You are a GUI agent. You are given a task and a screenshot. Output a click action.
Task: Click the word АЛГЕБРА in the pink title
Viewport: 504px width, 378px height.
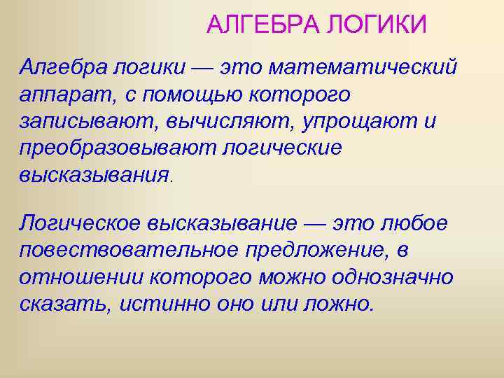(x=253, y=25)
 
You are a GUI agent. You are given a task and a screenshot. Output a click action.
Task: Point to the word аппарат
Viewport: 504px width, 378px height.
(x=59, y=94)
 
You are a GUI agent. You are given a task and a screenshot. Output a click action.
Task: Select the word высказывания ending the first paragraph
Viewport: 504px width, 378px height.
(x=94, y=174)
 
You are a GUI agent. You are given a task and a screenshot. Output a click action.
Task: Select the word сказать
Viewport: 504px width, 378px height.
(x=64, y=303)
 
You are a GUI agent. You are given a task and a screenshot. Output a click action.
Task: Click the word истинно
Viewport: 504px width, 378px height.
(x=157, y=303)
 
